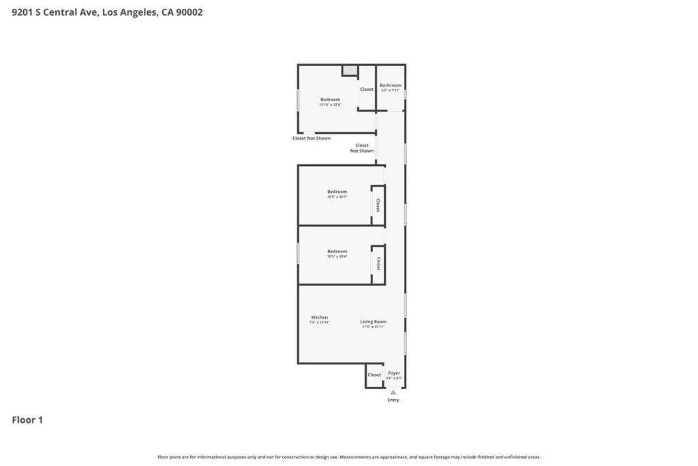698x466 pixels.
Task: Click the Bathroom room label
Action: [x=391, y=85]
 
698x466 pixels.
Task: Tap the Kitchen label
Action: [x=320, y=317]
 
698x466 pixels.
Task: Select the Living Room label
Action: [x=374, y=321]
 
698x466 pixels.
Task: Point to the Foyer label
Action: [x=394, y=373]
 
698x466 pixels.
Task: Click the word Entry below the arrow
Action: [x=393, y=400]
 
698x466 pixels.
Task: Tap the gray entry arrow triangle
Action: [x=393, y=392]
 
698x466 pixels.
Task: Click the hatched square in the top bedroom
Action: [x=350, y=70]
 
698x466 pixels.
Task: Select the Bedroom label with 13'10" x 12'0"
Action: [x=330, y=100]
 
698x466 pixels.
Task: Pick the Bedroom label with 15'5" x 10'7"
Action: [x=337, y=192]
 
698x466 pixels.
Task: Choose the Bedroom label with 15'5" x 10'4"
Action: [x=337, y=251]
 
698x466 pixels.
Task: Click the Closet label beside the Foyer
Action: [x=374, y=375]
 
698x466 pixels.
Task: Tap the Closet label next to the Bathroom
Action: [x=367, y=89]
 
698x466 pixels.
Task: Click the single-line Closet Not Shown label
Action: [x=312, y=139]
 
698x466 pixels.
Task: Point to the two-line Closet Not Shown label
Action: [x=362, y=148]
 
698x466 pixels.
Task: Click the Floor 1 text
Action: [x=27, y=420]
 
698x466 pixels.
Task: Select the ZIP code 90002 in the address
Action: [x=189, y=12]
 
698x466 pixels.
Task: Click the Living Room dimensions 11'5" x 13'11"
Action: [x=374, y=327]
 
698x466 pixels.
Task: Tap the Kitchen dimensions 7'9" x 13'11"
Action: [x=320, y=323]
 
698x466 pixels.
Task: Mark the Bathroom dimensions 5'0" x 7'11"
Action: [x=391, y=91]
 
